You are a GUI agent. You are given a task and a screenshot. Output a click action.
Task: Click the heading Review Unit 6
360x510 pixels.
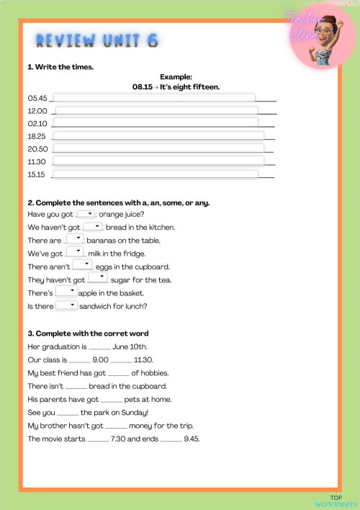pos(96,40)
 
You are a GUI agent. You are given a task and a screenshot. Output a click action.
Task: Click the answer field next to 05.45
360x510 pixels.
pos(154,99)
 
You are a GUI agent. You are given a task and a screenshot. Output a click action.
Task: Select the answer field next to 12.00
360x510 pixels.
pos(156,112)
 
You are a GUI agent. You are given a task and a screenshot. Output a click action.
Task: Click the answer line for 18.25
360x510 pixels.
pos(158,136)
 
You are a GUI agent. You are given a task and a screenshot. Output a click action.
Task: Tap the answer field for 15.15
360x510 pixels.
pos(155,174)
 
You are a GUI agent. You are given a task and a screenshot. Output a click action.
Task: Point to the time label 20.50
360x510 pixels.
pos(37,149)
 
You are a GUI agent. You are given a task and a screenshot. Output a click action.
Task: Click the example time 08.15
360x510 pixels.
pos(142,86)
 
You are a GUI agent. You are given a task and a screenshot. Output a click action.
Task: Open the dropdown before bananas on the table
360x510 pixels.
pos(74,239)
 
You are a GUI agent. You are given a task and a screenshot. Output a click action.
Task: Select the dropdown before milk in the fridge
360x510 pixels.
pos(76,252)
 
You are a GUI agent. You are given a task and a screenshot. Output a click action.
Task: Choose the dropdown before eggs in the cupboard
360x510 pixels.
pos(82,265)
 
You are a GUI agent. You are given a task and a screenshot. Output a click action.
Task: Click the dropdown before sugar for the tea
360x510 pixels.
pos(98,278)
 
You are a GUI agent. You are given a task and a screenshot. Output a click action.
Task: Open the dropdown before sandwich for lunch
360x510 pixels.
pos(66,305)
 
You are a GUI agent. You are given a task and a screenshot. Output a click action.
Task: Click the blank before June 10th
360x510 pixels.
pos(99,346)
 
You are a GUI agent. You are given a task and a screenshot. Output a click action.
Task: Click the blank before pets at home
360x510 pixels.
pos(112,399)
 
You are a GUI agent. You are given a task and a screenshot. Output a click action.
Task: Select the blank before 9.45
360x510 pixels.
pos(171,439)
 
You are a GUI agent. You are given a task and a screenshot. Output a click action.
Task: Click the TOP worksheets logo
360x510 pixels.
pos(336,500)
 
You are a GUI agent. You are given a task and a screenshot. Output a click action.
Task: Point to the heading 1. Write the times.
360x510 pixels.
pos(60,67)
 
